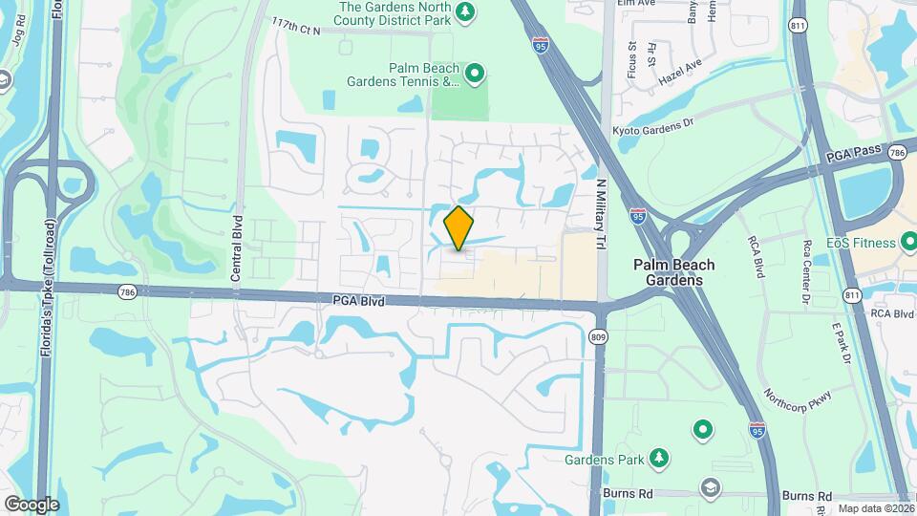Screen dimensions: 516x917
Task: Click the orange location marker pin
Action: pos(459,227)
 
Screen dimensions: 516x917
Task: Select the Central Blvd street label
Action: pos(236,247)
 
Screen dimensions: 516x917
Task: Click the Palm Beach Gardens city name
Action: pos(674,272)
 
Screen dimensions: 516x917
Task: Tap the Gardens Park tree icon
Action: pos(658,460)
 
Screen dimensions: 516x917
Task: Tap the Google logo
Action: pos(32,504)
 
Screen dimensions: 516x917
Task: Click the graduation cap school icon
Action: pos(710,489)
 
